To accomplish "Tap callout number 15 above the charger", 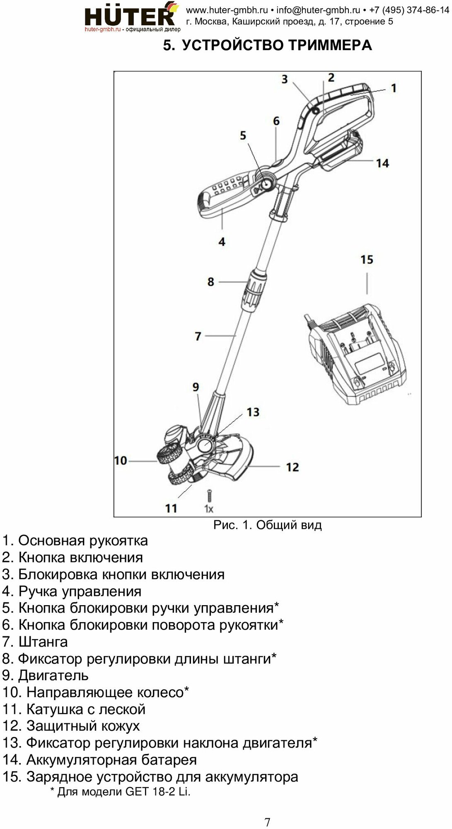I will pyautogui.click(x=367, y=260).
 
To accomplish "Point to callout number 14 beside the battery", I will pyautogui.click(x=382, y=163).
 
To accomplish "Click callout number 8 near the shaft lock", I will pyautogui.click(x=211, y=282).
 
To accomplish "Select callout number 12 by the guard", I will pyautogui.click(x=292, y=467).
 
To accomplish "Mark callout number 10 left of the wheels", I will pyautogui.click(x=121, y=461).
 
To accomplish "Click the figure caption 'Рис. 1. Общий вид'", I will pyautogui.click(x=267, y=525).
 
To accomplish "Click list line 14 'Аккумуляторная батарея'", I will pyautogui.click(x=99, y=760).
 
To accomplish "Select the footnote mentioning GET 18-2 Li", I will pyautogui.click(x=120, y=791).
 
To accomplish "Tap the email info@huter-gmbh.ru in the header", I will pyautogui.click(x=318, y=10).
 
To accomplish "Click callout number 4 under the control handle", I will pyautogui.click(x=222, y=242).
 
